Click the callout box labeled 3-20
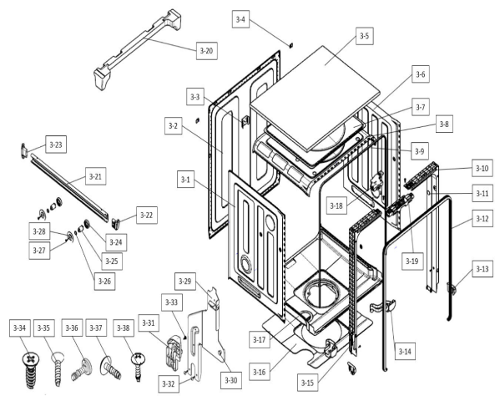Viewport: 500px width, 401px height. (x=207, y=51)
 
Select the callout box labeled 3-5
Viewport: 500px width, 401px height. (x=364, y=36)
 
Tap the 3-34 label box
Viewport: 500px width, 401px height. (x=20, y=327)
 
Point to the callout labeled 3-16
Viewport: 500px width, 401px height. (x=260, y=372)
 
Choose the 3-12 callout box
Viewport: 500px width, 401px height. (x=482, y=219)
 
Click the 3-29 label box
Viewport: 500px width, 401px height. (x=185, y=282)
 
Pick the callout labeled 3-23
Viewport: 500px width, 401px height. (x=56, y=145)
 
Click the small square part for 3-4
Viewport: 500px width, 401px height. (x=290, y=45)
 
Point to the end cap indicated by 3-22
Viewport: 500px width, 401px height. (x=116, y=222)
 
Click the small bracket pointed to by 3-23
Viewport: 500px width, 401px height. (x=24, y=150)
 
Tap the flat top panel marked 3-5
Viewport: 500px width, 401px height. (x=316, y=98)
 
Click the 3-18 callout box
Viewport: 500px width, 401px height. (x=336, y=206)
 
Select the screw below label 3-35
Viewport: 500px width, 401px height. (x=58, y=367)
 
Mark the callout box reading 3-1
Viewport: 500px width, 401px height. (x=185, y=179)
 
